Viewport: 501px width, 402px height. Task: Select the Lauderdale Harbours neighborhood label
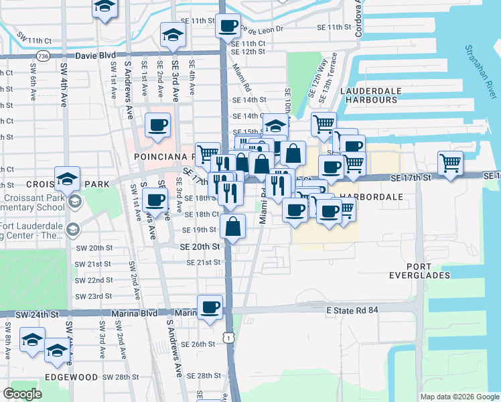[x=370, y=95]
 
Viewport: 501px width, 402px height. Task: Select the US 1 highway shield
[x=230, y=338]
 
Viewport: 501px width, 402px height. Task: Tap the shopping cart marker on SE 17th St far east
[x=450, y=163]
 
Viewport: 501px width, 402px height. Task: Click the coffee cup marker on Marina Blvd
[x=210, y=307]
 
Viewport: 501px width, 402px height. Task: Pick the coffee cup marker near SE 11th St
[x=228, y=25]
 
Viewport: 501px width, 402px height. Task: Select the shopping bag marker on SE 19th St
[x=232, y=226]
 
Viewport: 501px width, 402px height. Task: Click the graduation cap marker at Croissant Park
[x=68, y=178]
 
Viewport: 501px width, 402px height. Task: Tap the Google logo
[x=23, y=394]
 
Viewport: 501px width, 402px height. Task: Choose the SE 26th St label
[x=200, y=344]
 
